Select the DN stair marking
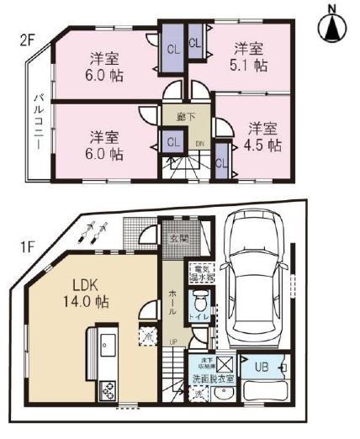coord(199,144)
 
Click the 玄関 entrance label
coord(177,239)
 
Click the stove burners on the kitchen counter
coord(109,389)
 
